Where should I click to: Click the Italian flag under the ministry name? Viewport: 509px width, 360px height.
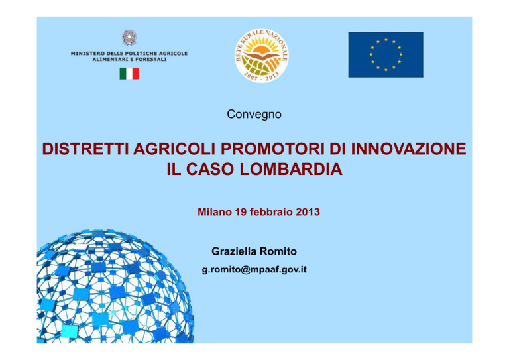129,74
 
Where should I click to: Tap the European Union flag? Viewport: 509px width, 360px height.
386,54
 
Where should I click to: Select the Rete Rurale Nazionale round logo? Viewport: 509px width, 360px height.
261,55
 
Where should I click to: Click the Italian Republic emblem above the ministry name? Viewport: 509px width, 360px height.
129,38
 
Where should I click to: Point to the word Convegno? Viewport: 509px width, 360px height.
254,114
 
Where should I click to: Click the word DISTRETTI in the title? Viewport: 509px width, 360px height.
85,149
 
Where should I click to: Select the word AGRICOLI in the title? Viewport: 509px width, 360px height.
174,149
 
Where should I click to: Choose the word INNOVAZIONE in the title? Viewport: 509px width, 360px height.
409,149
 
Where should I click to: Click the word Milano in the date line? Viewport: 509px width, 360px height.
215,212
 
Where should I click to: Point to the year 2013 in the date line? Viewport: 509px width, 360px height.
308,212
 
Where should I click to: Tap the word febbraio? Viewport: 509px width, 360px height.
271,212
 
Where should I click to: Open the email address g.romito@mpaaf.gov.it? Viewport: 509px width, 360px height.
254,270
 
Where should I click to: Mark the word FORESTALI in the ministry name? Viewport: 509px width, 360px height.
151,60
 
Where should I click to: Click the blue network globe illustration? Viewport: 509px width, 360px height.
115,286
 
